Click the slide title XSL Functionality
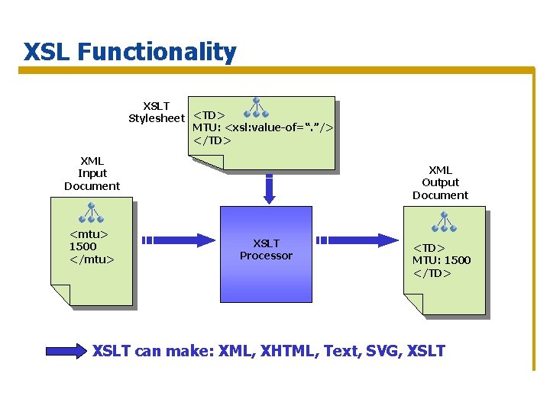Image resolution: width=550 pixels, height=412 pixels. (x=130, y=52)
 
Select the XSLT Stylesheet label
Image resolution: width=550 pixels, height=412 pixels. (x=157, y=112)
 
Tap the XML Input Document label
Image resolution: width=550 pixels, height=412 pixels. (x=92, y=173)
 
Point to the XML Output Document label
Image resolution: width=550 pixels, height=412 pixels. (x=440, y=182)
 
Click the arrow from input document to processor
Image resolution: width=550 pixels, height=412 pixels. (x=179, y=240)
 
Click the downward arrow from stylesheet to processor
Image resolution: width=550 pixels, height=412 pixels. (x=269, y=188)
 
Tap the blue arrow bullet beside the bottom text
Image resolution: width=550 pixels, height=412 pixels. (x=66, y=351)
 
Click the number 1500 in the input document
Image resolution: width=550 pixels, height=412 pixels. (x=82, y=246)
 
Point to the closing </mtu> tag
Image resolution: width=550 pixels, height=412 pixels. (x=92, y=259)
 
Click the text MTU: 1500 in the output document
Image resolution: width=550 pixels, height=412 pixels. (x=442, y=260)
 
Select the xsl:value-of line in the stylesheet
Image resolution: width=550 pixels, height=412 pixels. (x=263, y=127)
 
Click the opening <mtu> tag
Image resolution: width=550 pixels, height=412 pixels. (x=89, y=234)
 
